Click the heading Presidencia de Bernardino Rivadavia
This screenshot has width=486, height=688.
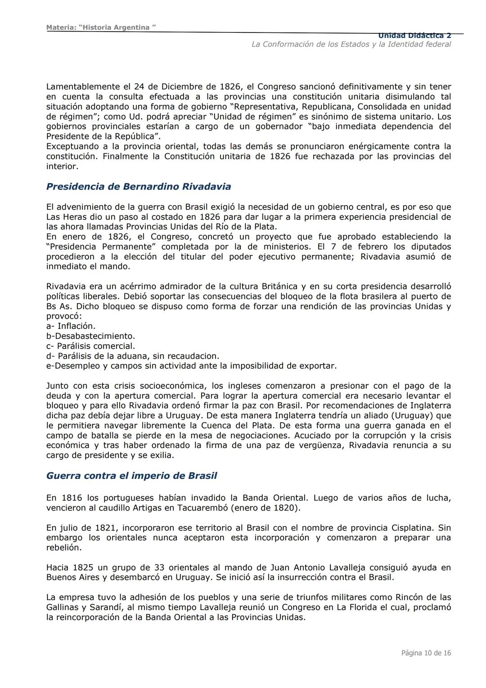click(x=139, y=187)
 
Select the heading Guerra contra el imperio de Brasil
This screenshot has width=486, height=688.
click(x=131, y=476)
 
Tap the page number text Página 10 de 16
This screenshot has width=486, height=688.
click(x=426, y=653)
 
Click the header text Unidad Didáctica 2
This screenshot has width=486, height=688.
click(x=414, y=36)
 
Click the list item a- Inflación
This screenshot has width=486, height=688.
click(x=71, y=326)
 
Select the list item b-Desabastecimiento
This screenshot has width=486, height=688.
click(x=90, y=336)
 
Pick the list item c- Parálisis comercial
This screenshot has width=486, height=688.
click(x=90, y=346)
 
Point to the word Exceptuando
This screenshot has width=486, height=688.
click(x=73, y=146)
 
